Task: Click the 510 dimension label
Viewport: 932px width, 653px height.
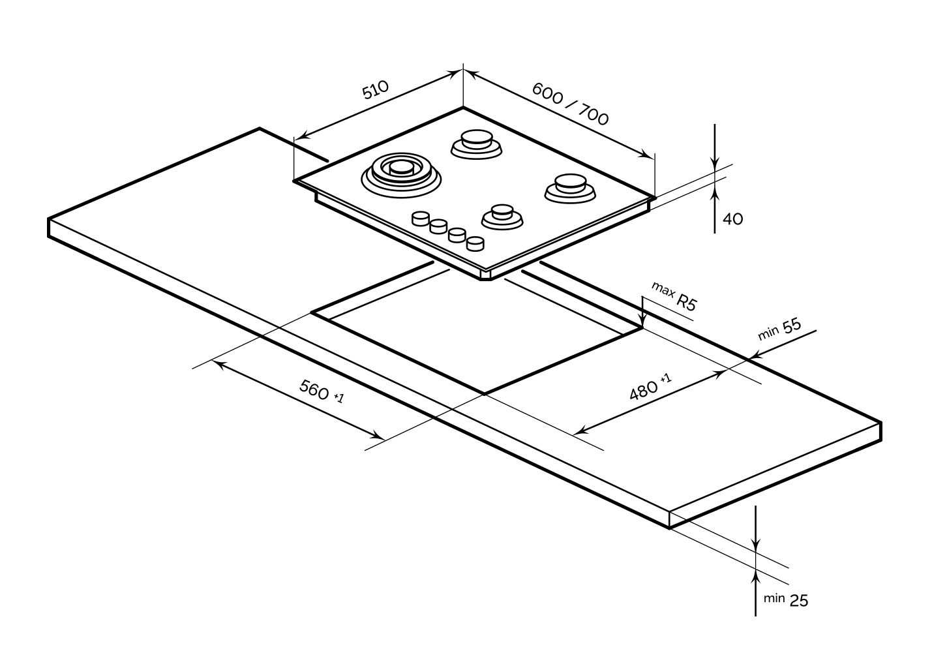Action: tap(376, 89)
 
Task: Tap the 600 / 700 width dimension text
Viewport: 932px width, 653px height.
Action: tap(570, 103)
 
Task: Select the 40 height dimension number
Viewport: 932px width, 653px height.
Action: tap(733, 219)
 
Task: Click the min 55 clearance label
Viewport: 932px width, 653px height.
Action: tap(779, 329)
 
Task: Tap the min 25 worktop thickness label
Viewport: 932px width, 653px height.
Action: tap(786, 599)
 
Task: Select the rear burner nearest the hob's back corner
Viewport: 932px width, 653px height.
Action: tap(477, 143)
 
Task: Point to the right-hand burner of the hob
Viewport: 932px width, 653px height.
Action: tap(569, 187)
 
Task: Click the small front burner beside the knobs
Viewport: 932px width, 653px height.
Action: tap(502, 216)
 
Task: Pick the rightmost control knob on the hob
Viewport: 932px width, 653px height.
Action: tap(476, 243)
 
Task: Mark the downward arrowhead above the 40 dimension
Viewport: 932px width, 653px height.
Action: tap(715, 164)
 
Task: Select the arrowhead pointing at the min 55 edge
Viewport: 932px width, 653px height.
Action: tap(755, 356)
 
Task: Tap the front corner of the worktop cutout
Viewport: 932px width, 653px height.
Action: tap(485, 393)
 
